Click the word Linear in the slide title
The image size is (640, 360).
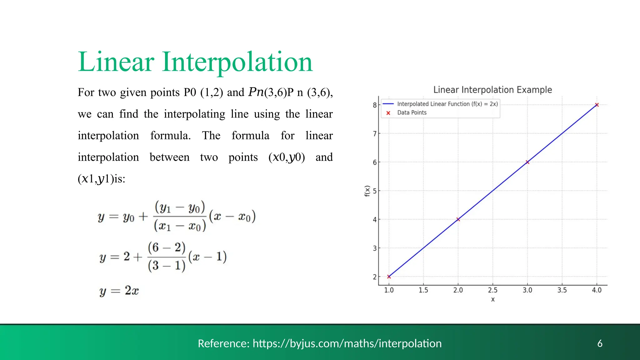coord(116,62)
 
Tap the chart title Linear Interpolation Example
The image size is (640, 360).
coord(492,90)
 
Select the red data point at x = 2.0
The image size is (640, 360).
coord(458,219)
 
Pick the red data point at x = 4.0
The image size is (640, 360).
coord(597,105)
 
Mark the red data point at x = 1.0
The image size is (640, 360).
coord(389,277)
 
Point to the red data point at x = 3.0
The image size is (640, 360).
coord(527,162)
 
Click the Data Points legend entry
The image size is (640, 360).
coord(412,113)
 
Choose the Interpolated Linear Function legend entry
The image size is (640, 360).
coord(447,104)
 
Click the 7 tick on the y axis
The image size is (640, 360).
coord(374,134)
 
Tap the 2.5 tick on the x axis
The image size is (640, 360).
coord(492,290)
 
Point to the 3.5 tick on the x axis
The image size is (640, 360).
coord(562,290)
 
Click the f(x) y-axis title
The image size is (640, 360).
coord(367,191)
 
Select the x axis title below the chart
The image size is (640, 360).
coord(493,299)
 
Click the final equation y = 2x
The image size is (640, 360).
coord(119,291)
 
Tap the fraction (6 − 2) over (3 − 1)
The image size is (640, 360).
coord(167,257)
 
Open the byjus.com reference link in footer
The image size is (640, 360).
coord(347,343)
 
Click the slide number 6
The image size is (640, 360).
coord(600,343)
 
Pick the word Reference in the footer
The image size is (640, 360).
coord(223,343)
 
